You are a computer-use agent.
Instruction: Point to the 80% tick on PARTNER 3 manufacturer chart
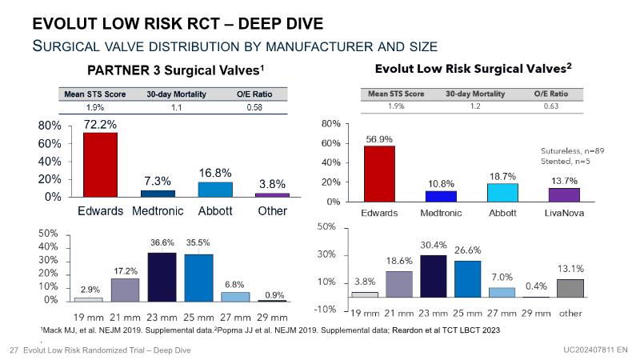[x=50, y=126]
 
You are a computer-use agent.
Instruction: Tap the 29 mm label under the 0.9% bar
[x=274, y=316]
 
